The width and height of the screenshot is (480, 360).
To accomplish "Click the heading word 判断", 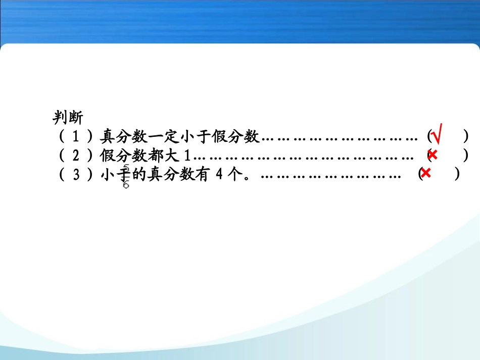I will coord(68,118).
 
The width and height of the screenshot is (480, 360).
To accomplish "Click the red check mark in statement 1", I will coord(438,135).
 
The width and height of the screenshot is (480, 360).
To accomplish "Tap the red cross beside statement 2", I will coord(433,155).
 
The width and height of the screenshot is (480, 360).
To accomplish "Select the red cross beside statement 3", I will coord(425,173).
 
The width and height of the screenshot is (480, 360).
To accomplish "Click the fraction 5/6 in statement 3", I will coord(126,176).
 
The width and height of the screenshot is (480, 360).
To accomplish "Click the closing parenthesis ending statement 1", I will coord(465,136).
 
